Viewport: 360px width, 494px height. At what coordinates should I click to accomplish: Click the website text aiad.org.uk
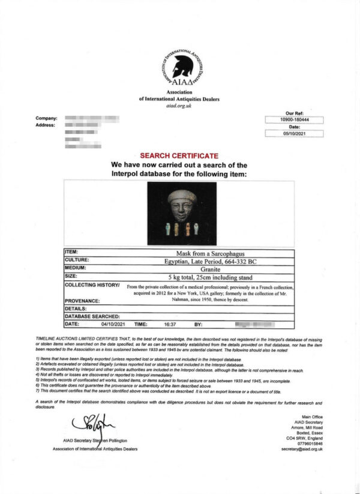[x=179, y=106]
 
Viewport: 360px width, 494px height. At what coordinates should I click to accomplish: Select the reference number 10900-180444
[x=294, y=120]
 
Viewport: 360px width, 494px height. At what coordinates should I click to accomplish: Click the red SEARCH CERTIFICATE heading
[x=179, y=155]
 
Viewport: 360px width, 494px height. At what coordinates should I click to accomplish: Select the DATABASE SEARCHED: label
[x=92, y=316]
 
